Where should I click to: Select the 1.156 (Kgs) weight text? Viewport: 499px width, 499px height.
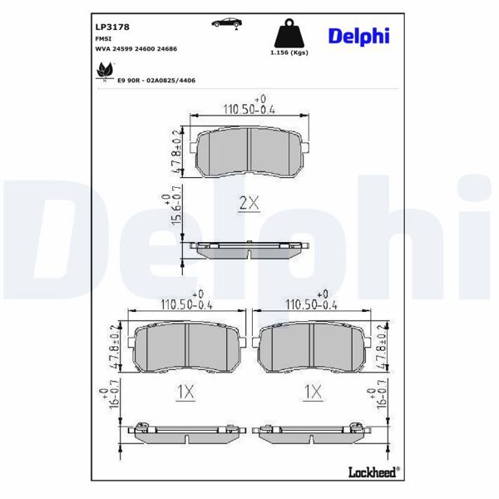coord(289,52)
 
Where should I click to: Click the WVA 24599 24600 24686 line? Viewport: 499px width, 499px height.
coord(136,49)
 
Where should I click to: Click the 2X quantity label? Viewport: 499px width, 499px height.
coord(249,202)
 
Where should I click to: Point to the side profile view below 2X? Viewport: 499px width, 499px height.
coord(249,249)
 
